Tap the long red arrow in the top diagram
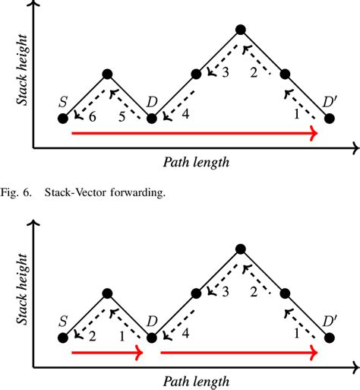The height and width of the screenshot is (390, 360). click(x=194, y=134)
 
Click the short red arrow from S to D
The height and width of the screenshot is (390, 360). click(x=106, y=354)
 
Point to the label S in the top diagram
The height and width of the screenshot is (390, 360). click(x=62, y=102)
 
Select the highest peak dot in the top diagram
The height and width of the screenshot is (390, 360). click(x=241, y=30)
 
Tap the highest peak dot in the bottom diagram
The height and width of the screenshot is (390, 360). click(x=241, y=249)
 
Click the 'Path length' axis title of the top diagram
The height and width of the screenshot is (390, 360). click(x=196, y=162)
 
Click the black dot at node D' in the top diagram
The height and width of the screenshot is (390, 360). click(x=329, y=119)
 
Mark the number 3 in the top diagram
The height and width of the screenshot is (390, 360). click(x=224, y=72)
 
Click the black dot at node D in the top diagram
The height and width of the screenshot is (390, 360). click(x=152, y=119)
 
